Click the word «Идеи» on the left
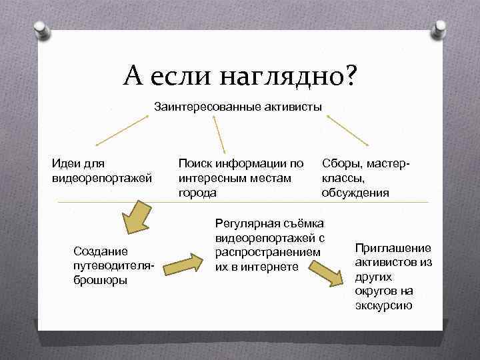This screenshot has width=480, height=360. point(65,163)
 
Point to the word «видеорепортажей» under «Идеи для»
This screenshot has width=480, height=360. point(102,178)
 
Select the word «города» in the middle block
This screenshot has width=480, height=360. point(197,193)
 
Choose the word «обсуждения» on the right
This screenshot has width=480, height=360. point(355,193)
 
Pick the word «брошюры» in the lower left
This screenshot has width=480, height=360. point(99,279)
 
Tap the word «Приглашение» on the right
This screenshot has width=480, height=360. point(393,247)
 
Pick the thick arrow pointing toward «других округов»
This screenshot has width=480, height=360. point(328,274)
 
